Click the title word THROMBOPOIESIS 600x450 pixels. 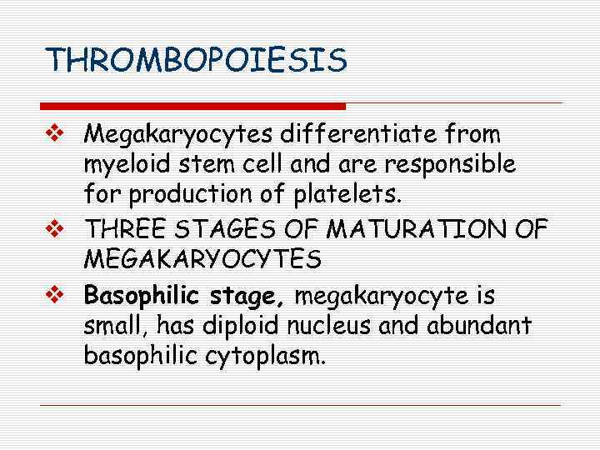click(196, 60)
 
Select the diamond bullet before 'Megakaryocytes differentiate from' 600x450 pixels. click(57, 133)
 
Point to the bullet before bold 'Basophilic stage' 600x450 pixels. click(57, 294)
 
